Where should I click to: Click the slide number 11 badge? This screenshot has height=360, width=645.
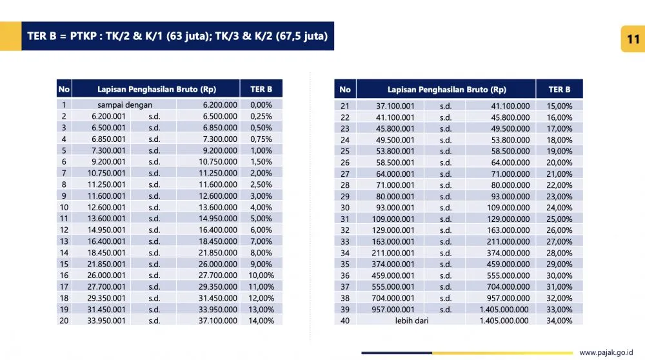632,39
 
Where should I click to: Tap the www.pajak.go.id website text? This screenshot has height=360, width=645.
606,352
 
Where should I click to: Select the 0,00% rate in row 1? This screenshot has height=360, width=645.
261,105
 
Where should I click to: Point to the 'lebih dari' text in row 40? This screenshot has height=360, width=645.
412,320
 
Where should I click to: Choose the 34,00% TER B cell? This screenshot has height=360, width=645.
559,320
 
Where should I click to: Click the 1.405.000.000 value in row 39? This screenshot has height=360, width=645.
504,309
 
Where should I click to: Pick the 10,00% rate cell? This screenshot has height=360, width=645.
261,275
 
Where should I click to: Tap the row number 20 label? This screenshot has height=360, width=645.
64,320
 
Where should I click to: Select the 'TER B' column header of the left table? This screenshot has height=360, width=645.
261,89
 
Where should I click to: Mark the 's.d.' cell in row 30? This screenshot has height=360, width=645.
446,208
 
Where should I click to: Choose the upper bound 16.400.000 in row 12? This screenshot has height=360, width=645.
218,230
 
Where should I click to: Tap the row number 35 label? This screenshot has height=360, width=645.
345,264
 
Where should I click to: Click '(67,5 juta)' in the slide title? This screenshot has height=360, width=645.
301,36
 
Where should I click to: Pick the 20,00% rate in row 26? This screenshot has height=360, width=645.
559,163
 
